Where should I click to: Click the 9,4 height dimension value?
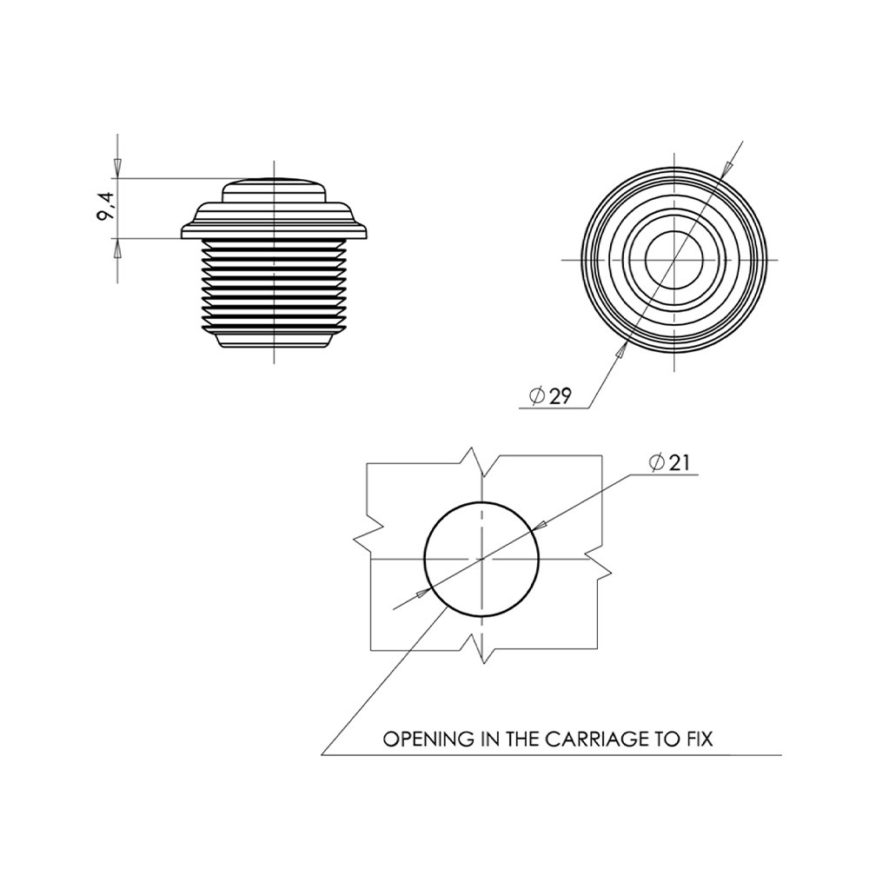105,205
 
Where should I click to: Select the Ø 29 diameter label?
550,395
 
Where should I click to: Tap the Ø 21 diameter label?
669,462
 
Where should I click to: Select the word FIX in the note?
700,739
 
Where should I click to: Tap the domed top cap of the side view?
274,190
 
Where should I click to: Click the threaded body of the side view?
274,285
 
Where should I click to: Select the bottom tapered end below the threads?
274,339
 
